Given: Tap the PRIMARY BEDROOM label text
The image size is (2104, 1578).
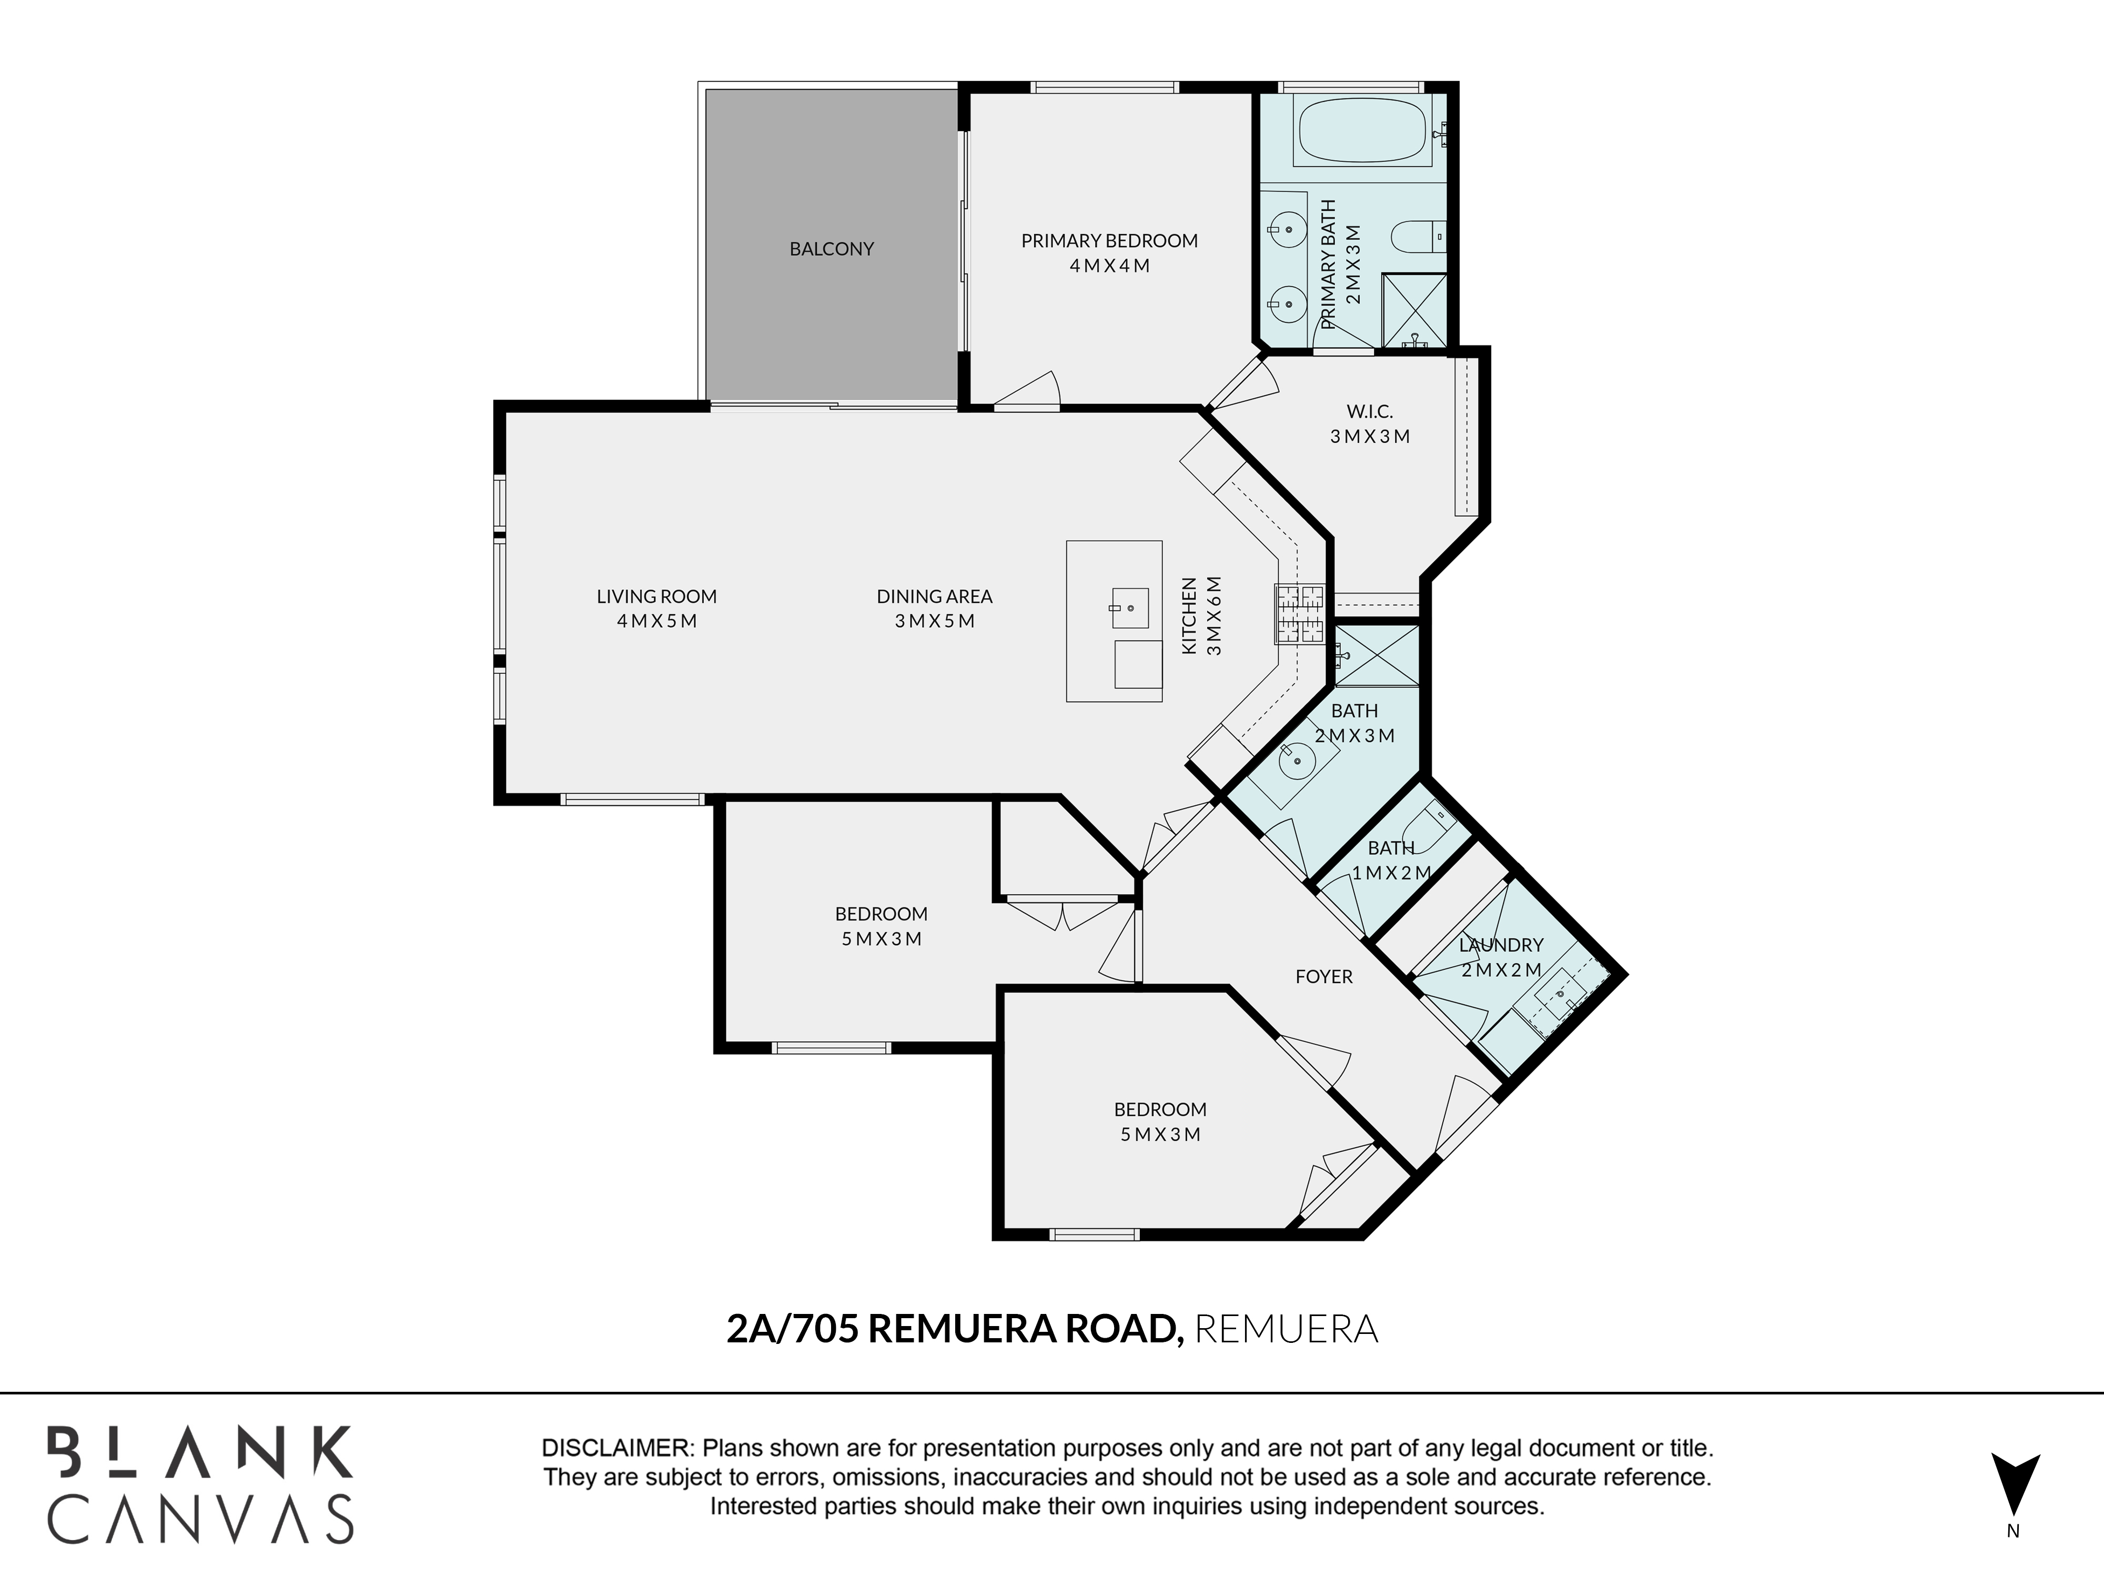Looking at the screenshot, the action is coord(1109,241).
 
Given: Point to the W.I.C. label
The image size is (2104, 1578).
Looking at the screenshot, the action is coord(1370,412).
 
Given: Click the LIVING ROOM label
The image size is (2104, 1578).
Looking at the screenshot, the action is coord(656,596).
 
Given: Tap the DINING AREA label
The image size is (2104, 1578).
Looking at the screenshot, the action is coord(934,596).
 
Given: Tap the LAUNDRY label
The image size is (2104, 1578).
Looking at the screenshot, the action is coord(1501,945).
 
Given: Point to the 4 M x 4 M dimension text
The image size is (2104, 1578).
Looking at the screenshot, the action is coord(1109,266).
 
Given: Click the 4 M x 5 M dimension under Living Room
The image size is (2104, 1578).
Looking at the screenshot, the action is coord(656,621).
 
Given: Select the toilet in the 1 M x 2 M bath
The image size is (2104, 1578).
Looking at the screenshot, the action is coord(1429,822).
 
